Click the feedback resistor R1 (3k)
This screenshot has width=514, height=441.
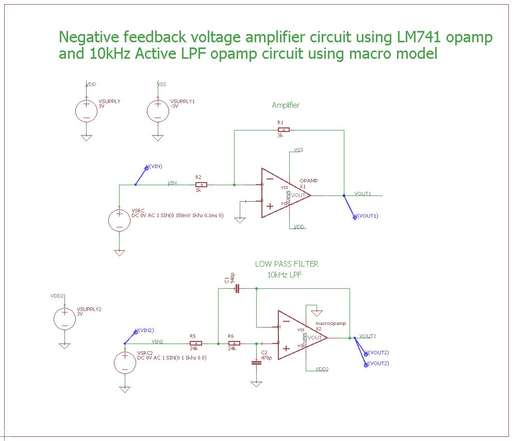coord(283,129)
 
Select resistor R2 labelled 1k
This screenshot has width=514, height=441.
coord(201,184)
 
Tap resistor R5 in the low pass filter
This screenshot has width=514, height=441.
coord(196,343)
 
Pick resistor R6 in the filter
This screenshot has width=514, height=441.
coord(234,343)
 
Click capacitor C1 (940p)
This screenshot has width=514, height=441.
coord(237,289)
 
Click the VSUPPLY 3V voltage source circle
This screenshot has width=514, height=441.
coord(86,110)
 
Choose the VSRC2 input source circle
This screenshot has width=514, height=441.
coord(125,362)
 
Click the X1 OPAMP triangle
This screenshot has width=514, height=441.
coord(281,193)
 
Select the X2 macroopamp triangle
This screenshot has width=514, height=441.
coord(298,335)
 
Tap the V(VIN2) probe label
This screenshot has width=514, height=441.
coord(144,330)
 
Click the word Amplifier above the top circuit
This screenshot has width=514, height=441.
coord(286,105)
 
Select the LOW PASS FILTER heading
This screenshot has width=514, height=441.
coord(287,264)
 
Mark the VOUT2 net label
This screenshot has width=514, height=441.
coord(368,335)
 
